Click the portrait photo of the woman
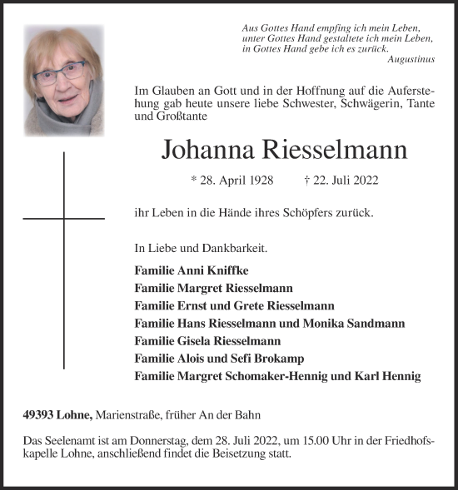(x=64, y=80)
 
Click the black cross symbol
(x=63, y=218)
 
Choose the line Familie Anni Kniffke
(x=190, y=270)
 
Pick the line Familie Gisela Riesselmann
(x=207, y=340)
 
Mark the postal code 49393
(x=41, y=414)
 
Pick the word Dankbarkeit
(x=239, y=248)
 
